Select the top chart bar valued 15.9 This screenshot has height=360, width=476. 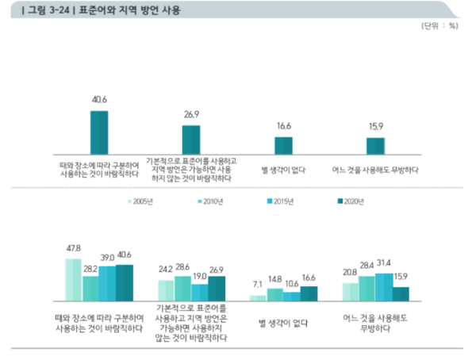[x=375, y=147]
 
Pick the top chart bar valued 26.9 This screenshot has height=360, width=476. [x=191, y=140]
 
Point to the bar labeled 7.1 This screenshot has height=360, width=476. [x=258, y=298]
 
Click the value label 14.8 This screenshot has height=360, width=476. [x=274, y=279]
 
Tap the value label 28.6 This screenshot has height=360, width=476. [x=182, y=268]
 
